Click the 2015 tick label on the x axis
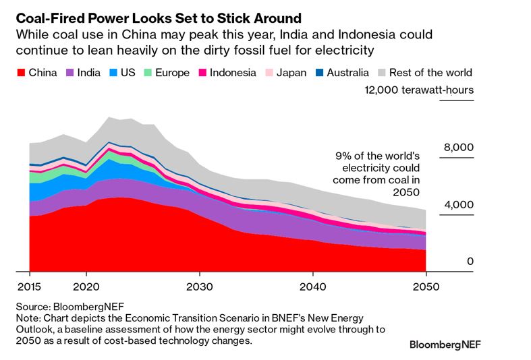(30, 285)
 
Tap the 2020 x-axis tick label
(86, 285)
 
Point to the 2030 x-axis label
(200, 285)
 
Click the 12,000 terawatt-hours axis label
(419, 90)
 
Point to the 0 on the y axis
(471, 262)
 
